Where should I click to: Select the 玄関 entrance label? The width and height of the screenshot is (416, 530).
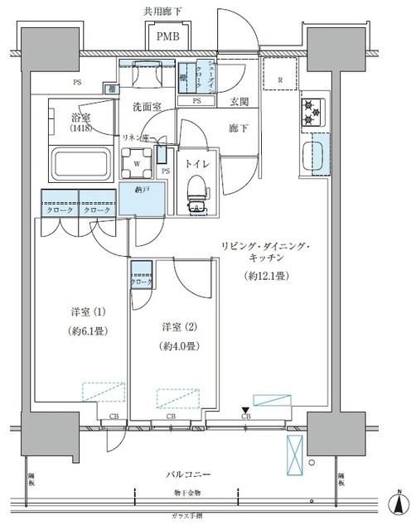[240, 103]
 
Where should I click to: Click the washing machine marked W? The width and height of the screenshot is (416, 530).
[137, 163]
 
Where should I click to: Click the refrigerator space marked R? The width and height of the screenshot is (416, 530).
[280, 75]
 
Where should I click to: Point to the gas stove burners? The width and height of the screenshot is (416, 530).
[312, 113]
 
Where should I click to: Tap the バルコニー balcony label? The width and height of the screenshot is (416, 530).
[194, 475]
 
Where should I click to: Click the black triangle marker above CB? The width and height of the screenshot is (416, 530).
[245, 410]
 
